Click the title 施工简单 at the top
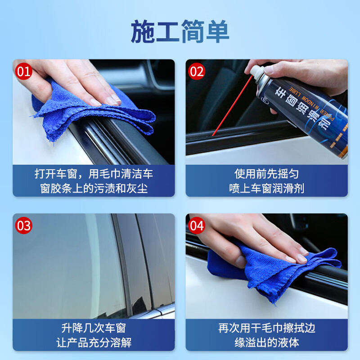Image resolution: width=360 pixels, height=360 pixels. (x=180, y=32)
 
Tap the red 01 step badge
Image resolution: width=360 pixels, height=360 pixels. (x=24, y=71)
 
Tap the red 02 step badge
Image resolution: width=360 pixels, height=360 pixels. (x=197, y=71)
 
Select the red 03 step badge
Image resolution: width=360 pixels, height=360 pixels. (x=24, y=225)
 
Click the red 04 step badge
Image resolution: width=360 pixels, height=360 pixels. (x=197, y=225)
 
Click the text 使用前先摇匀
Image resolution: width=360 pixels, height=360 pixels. (x=266, y=174)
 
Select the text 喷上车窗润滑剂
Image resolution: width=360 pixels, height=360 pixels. (x=266, y=188)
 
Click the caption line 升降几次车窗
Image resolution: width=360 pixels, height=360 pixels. (x=93, y=328)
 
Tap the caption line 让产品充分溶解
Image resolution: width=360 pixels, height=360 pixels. (x=93, y=342)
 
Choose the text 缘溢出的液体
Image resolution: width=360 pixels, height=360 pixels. (x=266, y=342)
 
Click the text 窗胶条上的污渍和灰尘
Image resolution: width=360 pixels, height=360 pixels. (x=93, y=188)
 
